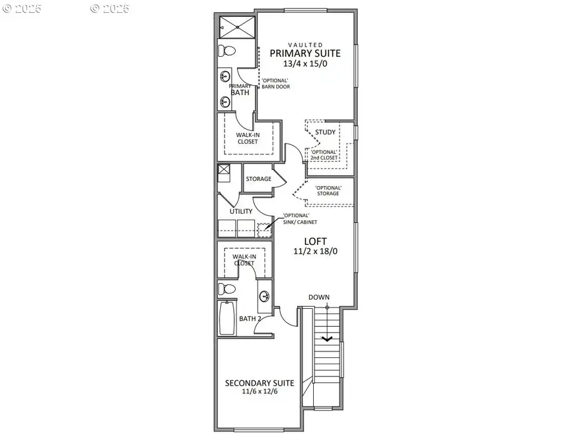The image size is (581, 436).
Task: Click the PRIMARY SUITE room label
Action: (x=305, y=53)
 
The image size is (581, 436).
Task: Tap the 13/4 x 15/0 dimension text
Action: (x=305, y=64)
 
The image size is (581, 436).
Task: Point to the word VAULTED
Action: (x=305, y=44)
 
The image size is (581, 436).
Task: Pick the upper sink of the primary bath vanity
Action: (x=225, y=77)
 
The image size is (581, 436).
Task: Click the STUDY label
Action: (x=325, y=132)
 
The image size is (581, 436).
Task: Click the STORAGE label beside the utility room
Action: (x=258, y=179)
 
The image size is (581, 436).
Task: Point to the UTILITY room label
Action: (x=241, y=211)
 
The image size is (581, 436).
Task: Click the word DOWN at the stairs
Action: (x=319, y=297)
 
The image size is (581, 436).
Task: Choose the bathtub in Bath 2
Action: (x=227, y=318)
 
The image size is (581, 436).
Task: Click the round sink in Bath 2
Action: (x=264, y=297)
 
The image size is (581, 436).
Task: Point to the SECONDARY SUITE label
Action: (x=260, y=383)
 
